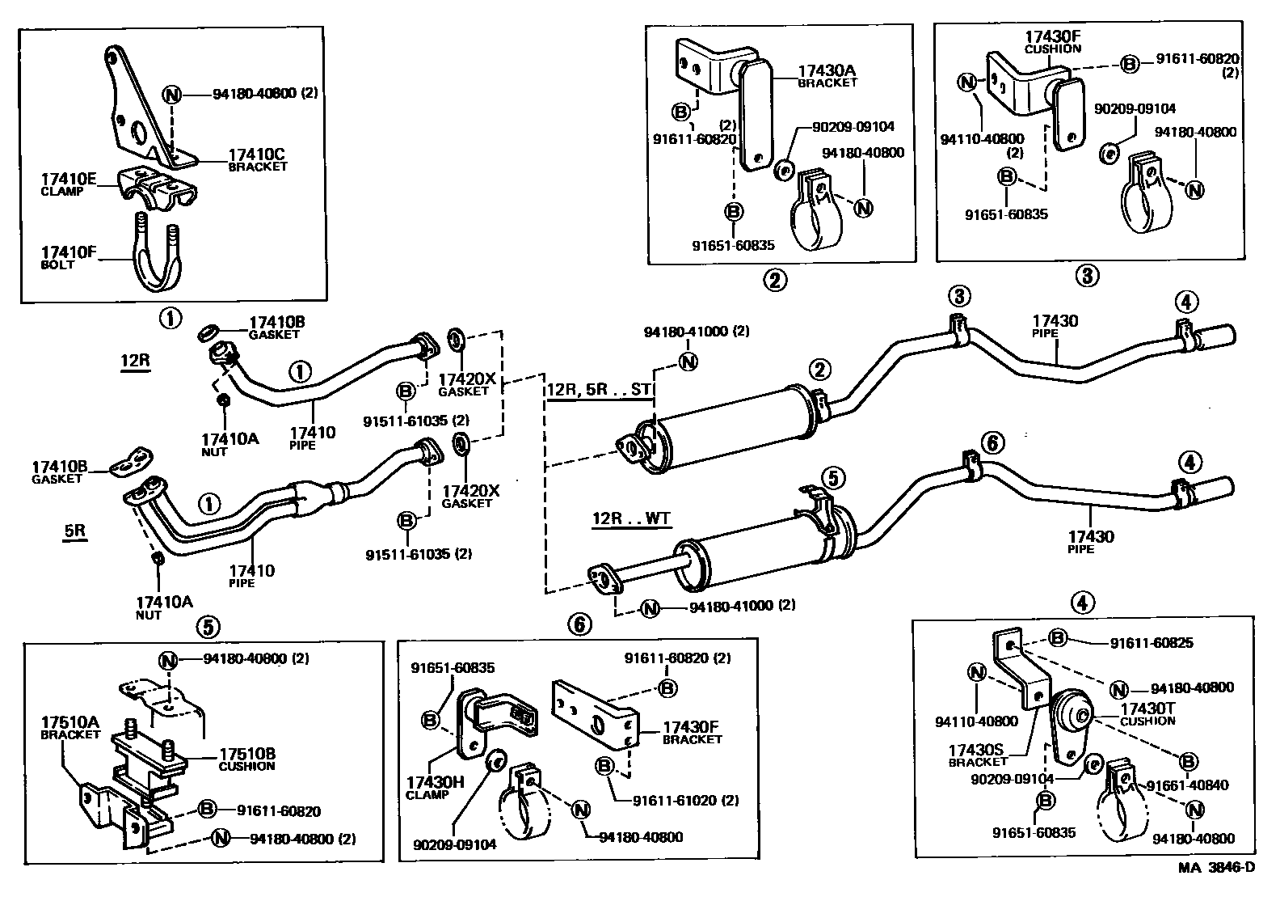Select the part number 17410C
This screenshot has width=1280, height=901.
click(x=256, y=155)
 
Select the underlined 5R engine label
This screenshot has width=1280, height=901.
click(x=75, y=531)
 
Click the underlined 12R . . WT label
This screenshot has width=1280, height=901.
click(x=631, y=518)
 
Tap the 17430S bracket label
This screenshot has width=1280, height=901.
click(x=976, y=751)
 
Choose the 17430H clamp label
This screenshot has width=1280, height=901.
click(x=427, y=783)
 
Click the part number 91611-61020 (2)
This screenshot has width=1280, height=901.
click(x=685, y=801)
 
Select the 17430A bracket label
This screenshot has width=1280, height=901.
click(x=827, y=72)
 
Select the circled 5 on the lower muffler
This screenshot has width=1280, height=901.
click(x=833, y=478)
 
